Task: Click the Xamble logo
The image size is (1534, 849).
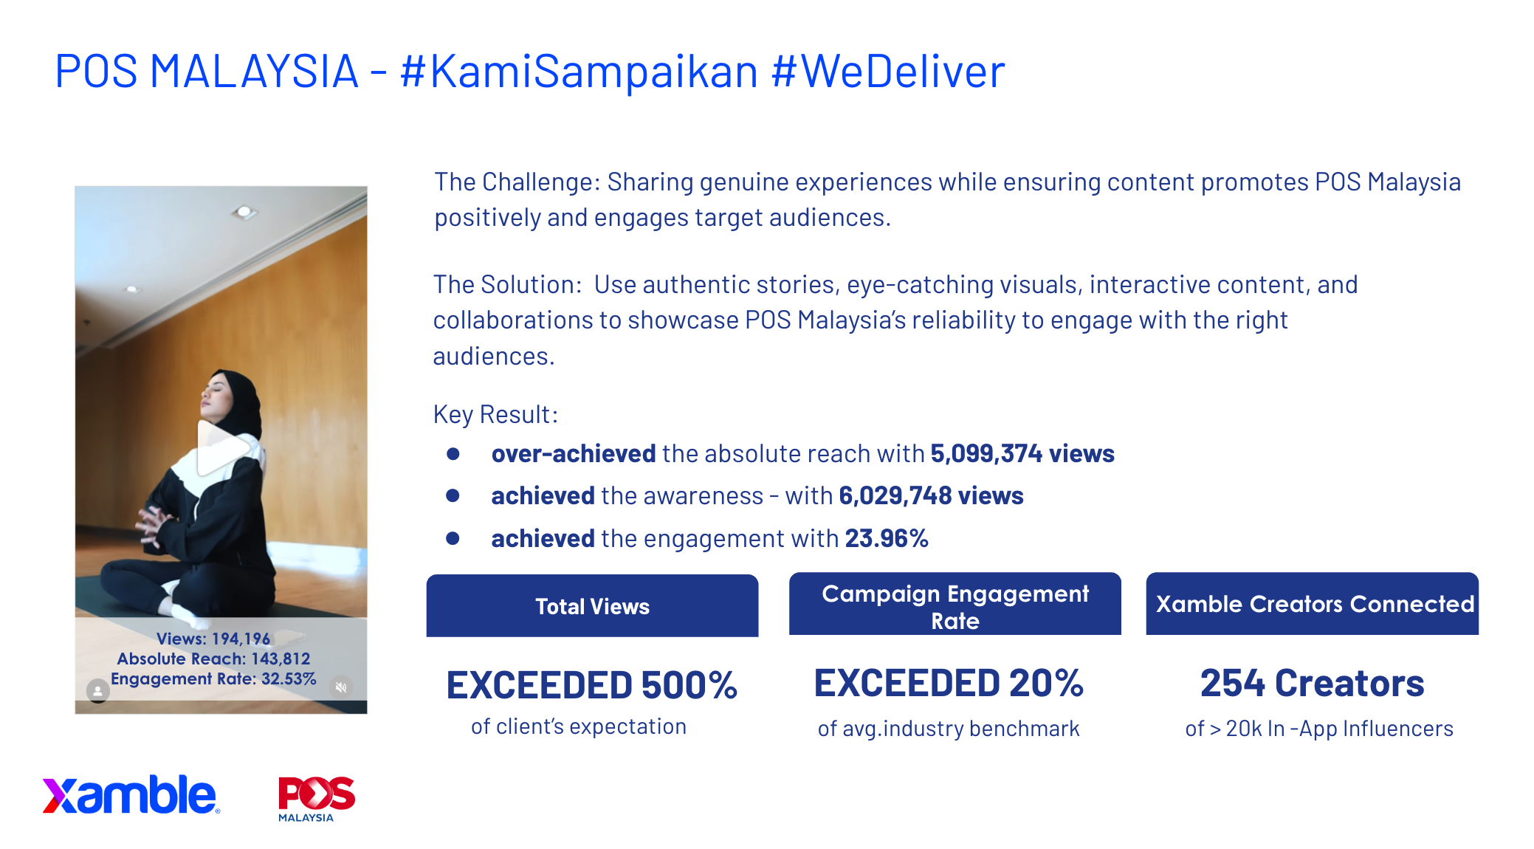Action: tap(131, 795)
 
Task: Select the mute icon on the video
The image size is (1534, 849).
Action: tap(341, 687)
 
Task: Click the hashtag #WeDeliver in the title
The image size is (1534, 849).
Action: tap(888, 72)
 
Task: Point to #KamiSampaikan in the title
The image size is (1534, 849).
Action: tap(579, 72)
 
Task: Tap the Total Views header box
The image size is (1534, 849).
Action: tap(592, 605)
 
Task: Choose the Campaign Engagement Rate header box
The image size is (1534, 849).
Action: tap(955, 604)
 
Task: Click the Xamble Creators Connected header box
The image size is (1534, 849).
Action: tap(1313, 604)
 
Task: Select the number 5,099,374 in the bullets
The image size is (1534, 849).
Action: tap(986, 453)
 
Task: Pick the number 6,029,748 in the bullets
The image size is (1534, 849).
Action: tap(895, 495)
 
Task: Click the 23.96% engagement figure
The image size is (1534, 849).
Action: tap(887, 538)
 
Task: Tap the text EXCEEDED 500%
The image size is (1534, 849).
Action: tap(592, 685)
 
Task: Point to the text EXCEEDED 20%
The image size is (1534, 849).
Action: tap(949, 683)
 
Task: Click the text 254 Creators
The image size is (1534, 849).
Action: tap(1313, 683)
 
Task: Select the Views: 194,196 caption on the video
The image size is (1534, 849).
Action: tap(213, 639)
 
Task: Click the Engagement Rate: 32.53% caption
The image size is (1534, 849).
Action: tap(213, 678)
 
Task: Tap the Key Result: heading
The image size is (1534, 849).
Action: tap(495, 414)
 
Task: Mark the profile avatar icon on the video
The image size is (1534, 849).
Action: tap(98, 691)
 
